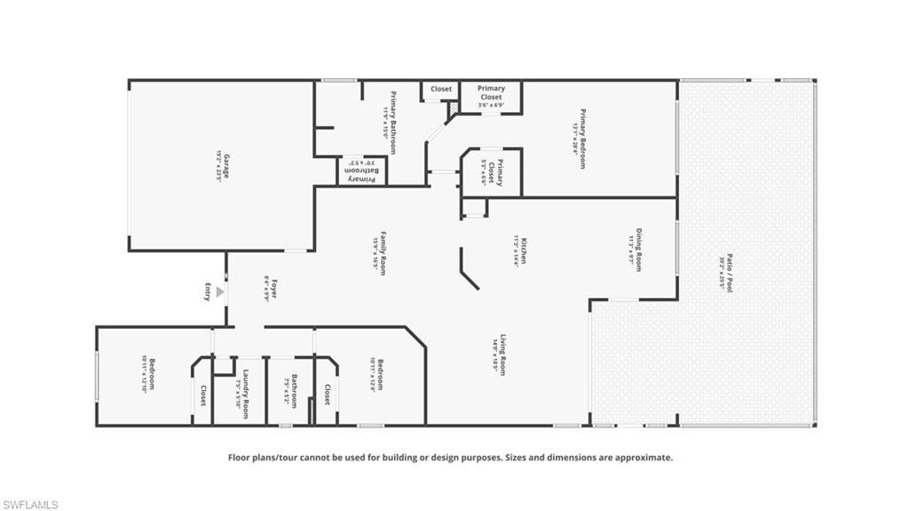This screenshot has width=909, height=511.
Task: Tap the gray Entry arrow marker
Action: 220,291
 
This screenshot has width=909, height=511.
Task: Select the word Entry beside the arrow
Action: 208,291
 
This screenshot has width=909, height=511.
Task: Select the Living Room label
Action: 502,355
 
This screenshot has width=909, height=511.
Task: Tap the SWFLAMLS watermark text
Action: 30,504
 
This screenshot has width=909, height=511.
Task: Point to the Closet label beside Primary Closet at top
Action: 441,89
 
